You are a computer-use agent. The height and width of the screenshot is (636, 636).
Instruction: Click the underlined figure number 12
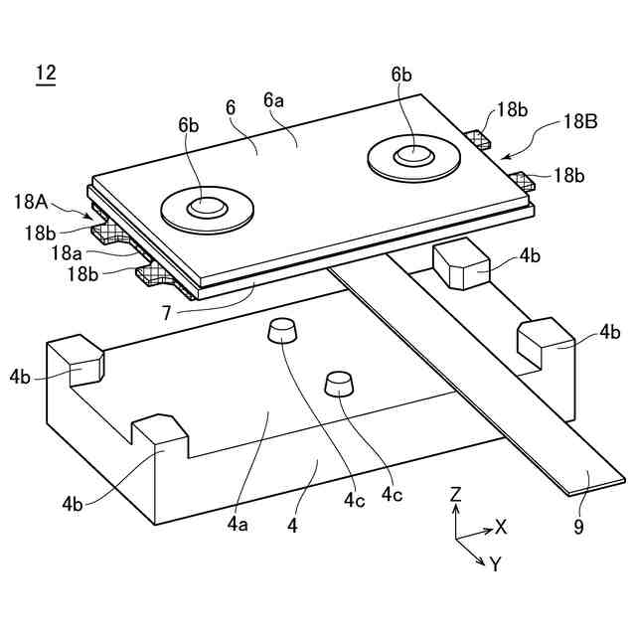(x=46, y=73)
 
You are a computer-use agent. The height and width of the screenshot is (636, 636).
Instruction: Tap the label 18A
(x=32, y=202)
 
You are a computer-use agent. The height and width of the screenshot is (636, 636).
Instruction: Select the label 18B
(x=579, y=121)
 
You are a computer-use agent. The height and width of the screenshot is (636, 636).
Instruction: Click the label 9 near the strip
(x=578, y=527)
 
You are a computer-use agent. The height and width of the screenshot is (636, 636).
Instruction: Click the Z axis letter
(x=454, y=493)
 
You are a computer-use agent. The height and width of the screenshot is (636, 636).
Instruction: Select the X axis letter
(x=500, y=527)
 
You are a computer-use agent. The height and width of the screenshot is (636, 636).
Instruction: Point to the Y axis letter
(x=495, y=564)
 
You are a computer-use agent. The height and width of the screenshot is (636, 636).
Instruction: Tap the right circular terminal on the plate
(x=411, y=155)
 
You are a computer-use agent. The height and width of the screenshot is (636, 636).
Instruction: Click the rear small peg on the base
(x=283, y=332)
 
